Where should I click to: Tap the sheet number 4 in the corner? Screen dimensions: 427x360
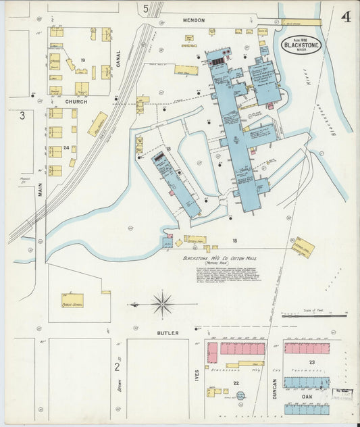pyautogui.click(x=345, y=16)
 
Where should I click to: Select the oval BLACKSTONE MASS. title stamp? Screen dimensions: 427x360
pyautogui.click(x=301, y=46)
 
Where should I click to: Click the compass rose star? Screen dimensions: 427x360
pyautogui.click(x=162, y=304)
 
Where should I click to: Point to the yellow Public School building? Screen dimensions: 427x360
pyautogui.click(x=72, y=300)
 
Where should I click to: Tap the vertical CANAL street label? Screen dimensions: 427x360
pyautogui.click(x=118, y=63)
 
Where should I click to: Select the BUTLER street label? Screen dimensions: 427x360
pyautogui.click(x=168, y=333)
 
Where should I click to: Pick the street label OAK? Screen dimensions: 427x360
pyautogui.click(x=307, y=397)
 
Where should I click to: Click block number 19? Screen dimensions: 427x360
pyautogui.click(x=82, y=61)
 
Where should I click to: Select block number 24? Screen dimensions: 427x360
pyautogui.click(x=66, y=147)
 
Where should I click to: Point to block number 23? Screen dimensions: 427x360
pyautogui.click(x=312, y=363)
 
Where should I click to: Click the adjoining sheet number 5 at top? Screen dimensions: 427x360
pyautogui.click(x=145, y=9)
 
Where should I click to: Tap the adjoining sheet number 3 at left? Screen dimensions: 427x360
pyautogui.click(x=22, y=116)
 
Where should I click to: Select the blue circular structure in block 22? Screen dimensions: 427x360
pyautogui.click(x=241, y=395)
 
